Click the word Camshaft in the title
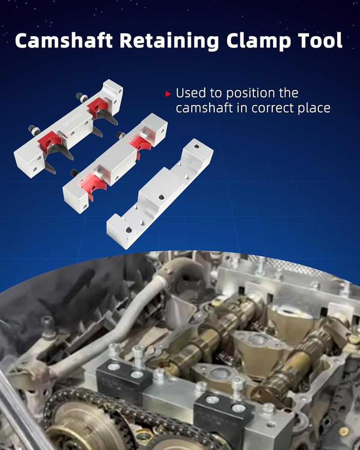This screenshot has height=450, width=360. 63,40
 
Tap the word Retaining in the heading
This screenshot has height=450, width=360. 169,41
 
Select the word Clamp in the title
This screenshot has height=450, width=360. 258,41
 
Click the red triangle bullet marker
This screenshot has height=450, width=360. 168,94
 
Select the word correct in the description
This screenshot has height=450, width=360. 273,108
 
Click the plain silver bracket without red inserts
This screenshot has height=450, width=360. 160,193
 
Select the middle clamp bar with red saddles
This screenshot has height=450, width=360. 115,163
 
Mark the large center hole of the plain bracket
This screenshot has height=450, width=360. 162,197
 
